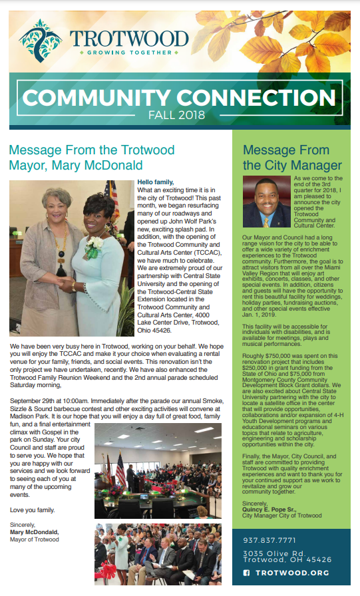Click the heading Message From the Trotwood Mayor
92,157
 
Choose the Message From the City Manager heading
286,157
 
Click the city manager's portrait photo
266,201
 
